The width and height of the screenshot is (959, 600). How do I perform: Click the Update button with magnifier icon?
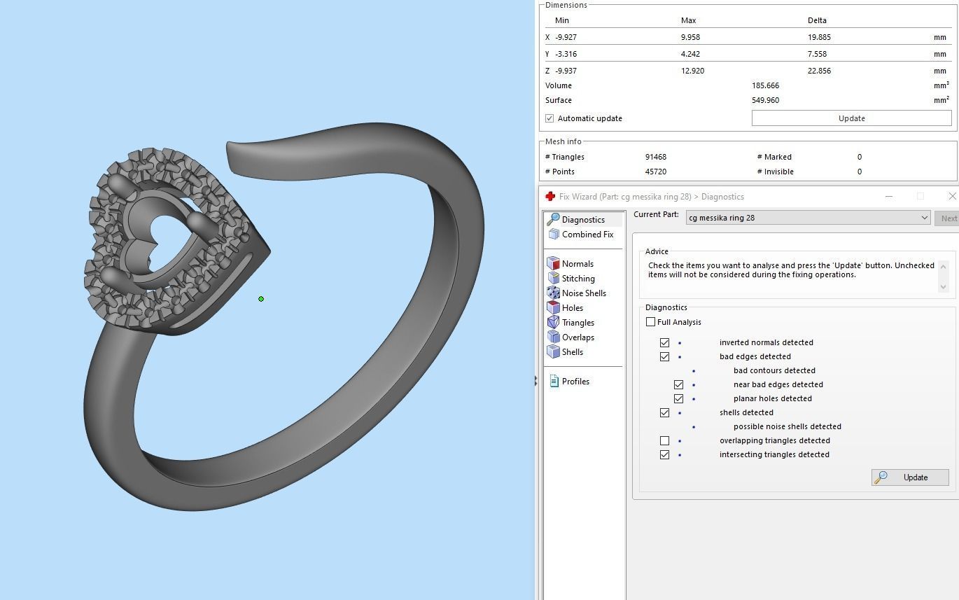(909, 477)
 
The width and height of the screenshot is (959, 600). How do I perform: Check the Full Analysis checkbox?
(651, 322)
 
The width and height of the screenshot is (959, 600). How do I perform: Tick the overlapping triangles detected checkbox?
(664, 440)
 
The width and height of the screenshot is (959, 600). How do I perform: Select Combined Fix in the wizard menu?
(587, 235)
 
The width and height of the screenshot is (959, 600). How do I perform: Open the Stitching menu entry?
(577, 279)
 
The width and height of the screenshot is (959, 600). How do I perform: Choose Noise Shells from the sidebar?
(583, 293)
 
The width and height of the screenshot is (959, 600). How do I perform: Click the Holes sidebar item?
(572, 308)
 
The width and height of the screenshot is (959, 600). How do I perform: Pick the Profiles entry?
(575, 382)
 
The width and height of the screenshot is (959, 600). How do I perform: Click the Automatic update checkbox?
(549, 118)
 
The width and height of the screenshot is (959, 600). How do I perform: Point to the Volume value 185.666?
(765, 85)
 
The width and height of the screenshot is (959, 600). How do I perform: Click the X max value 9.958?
(690, 37)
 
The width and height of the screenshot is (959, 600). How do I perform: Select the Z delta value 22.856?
(819, 71)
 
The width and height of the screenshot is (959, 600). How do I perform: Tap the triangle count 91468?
(657, 157)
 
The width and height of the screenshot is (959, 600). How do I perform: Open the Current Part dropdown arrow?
(924, 218)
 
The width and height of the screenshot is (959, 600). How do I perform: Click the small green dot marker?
(261, 299)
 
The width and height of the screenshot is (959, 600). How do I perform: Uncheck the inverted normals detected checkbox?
(664, 342)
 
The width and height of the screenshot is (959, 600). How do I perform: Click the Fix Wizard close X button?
(952, 197)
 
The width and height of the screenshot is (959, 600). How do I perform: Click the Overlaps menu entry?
(577, 337)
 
